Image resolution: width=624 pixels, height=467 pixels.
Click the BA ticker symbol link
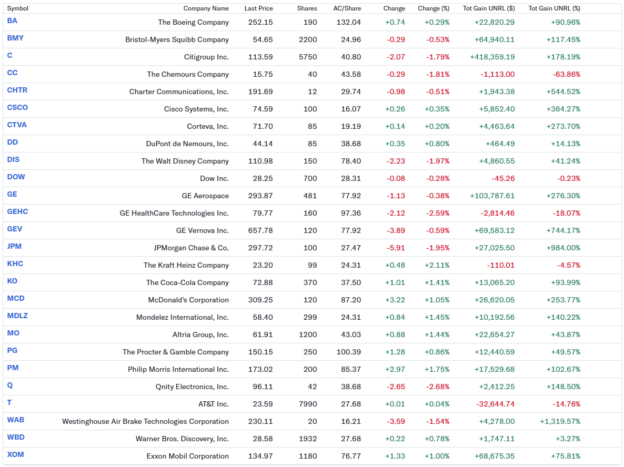[x=12, y=21]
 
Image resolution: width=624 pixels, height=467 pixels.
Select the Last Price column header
[x=258, y=8]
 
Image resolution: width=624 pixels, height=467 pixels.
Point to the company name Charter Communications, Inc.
[x=179, y=92]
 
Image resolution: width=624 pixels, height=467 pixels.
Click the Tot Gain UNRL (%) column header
[x=554, y=8]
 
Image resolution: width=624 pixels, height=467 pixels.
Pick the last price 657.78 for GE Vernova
[x=260, y=230]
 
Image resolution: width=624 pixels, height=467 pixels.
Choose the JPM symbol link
[x=14, y=246]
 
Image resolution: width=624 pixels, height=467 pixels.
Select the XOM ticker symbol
[x=15, y=454]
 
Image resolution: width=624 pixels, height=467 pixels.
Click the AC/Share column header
[x=347, y=8]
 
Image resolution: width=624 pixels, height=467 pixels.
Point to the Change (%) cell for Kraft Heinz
[x=437, y=265]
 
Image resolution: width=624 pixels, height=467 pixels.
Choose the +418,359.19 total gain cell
[x=492, y=57]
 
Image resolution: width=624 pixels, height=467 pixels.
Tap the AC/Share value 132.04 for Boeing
[x=348, y=22]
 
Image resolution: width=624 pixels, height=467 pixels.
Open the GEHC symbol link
[x=17, y=211]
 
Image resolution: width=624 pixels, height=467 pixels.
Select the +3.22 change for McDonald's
[x=395, y=300]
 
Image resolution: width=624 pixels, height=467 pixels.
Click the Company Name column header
[x=206, y=8]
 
